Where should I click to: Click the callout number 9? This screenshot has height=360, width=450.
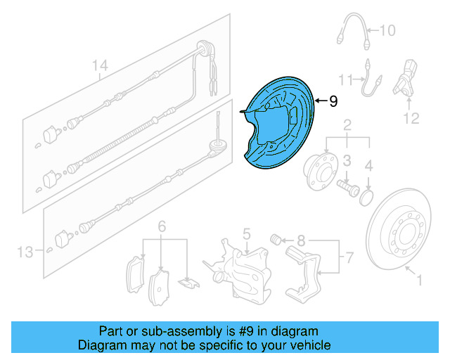click(333, 101)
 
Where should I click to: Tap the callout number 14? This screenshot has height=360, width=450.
click(101, 67)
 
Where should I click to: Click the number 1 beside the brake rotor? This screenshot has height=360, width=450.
click(420, 282)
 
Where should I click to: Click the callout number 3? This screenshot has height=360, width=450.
click(347, 163)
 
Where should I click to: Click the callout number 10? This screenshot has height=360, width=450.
click(387, 30)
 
